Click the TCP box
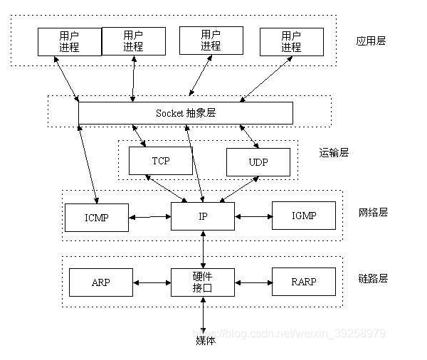[160, 162]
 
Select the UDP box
[258, 162]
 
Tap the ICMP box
[97, 217]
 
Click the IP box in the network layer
[203, 216]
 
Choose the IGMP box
[304, 216]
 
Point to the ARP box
[101, 282]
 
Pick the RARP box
[304, 282]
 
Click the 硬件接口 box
[203, 282]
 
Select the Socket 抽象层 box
[185, 113]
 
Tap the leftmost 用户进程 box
[69, 41]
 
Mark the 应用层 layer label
[371, 41]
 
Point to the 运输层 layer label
[334, 152]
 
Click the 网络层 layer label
[373, 212]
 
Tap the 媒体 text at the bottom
[205, 340]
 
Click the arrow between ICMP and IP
[150, 216]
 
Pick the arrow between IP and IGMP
[253, 216]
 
